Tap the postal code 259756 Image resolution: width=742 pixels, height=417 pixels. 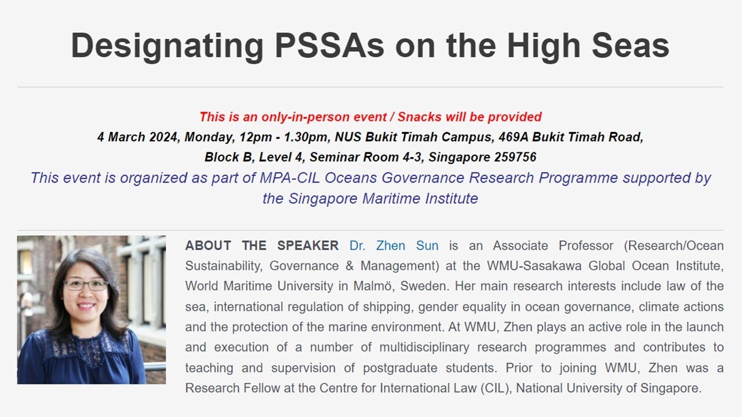515,157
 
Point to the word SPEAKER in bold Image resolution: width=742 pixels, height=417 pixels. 308,246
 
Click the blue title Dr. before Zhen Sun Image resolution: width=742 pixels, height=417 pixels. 358,246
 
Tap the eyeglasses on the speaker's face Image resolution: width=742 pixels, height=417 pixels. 85,285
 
